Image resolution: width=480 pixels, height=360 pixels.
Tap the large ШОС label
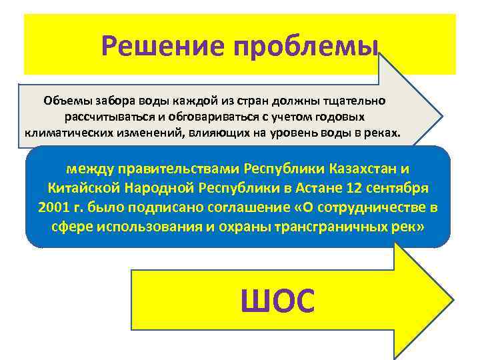point(277,301)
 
